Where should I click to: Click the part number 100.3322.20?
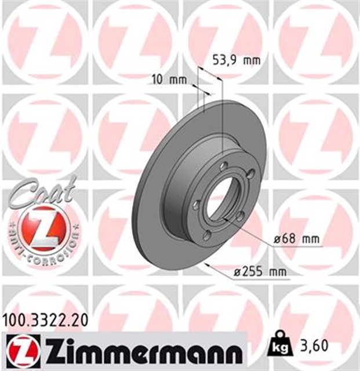click(x=46, y=318)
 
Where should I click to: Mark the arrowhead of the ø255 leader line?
click(x=210, y=265)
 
